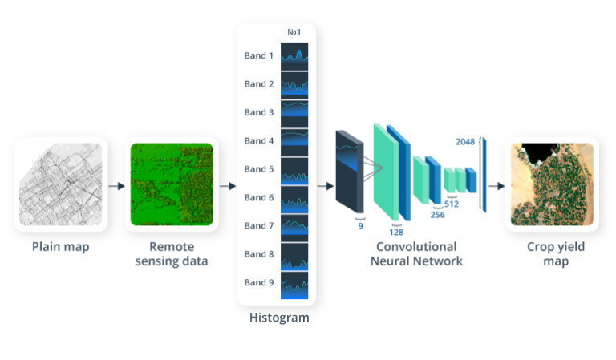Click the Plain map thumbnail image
[61, 184]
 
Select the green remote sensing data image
[172, 184]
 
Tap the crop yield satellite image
[552, 184]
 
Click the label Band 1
[259, 56]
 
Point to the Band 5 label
[259, 169]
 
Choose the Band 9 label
[259, 282]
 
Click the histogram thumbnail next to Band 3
[294, 113]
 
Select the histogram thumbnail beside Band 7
[294, 226]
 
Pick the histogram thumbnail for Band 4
[294, 141]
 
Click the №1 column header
[294, 33]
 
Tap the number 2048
[465, 142]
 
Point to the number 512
[451, 204]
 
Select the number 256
[437, 215]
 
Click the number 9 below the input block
[360, 226]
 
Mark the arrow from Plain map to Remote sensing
[116, 186]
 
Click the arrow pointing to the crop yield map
[496, 186]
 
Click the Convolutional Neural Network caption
[416, 253]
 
